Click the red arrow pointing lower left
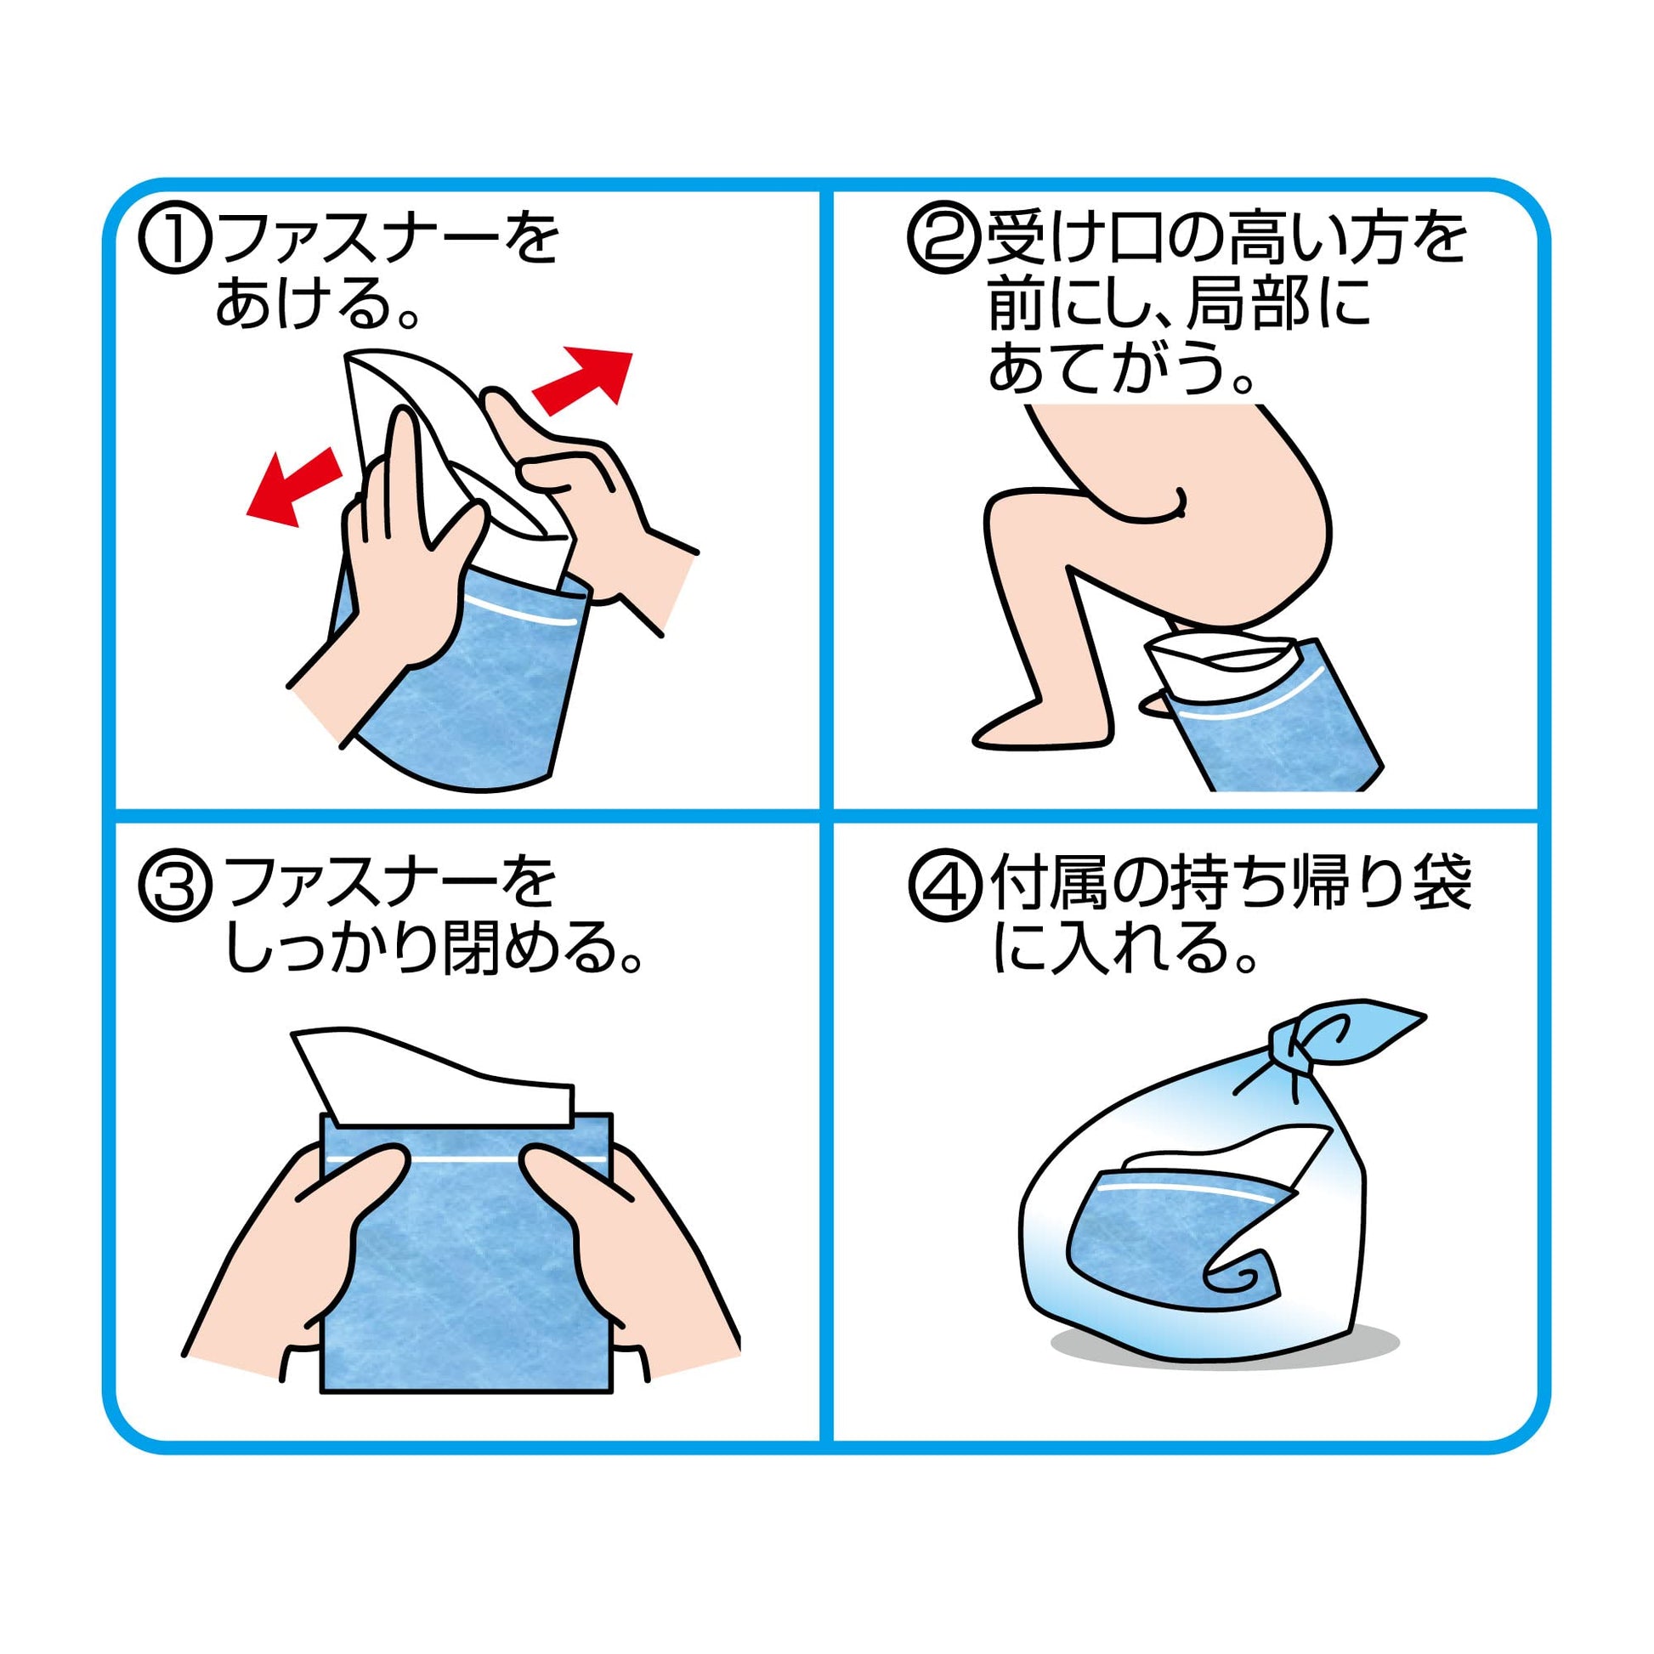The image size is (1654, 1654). tap(292, 487)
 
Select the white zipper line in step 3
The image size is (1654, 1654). tap(467, 1158)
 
